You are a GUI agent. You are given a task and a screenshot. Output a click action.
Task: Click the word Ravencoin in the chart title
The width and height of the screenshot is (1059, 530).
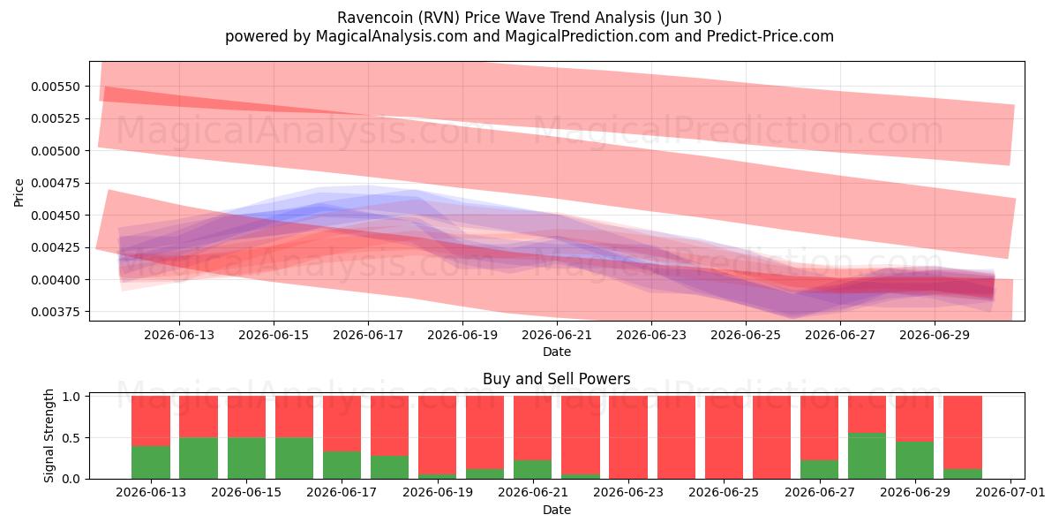pyautogui.click(x=375, y=18)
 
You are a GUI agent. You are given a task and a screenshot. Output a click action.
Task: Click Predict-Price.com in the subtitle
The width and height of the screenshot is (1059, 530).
pyautogui.click(x=770, y=36)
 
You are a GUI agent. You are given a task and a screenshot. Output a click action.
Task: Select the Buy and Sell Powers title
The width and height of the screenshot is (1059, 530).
pyautogui.click(x=557, y=379)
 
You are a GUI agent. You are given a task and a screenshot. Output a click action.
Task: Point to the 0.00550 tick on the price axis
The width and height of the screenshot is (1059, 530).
pyautogui.click(x=55, y=87)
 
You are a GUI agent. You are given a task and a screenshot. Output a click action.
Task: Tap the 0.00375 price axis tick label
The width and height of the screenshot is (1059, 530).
pyautogui.click(x=55, y=312)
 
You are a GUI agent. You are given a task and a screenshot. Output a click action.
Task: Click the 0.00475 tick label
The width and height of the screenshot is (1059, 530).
pyautogui.click(x=55, y=183)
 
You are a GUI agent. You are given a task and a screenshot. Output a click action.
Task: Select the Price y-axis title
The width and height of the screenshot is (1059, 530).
pyautogui.click(x=19, y=193)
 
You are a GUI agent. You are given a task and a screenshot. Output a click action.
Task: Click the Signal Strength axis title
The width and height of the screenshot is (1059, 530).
pyautogui.click(x=49, y=435)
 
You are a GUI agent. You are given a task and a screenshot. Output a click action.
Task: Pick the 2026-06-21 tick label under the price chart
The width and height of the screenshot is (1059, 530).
pyautogui.click(x=557, y=335)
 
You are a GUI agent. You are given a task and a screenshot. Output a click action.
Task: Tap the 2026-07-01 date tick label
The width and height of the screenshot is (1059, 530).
pyautogui.click(x=1010, y=493)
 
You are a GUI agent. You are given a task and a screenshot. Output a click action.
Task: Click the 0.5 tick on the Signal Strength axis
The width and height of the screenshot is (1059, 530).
pyautogui.click(x=71, y=438)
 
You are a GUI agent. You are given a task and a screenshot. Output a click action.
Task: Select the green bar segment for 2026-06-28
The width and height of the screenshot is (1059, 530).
pyautogui.click(x=867, y=456)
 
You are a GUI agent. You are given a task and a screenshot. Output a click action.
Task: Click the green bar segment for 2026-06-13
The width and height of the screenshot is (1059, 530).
pyautogui.click(x=151, y=462)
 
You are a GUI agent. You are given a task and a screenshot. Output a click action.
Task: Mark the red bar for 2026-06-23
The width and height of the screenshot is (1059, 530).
pyautogui.click(x=628, y=437)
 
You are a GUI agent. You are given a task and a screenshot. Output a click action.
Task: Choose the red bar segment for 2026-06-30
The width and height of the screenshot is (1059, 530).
pyautogui.click(x=963, y=433)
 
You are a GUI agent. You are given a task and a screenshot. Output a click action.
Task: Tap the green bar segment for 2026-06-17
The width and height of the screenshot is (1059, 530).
pyautogui.click(x=342, y=466)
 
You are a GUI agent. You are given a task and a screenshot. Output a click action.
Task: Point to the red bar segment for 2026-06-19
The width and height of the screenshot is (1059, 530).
pyautogui.click(x=438, y=435)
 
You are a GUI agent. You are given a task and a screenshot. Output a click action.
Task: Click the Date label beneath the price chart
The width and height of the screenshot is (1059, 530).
pyautogui.click(x=557, y=352)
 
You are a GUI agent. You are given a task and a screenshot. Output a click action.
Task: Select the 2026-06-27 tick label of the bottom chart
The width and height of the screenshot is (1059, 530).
pyautogui.click(x=819, y=493)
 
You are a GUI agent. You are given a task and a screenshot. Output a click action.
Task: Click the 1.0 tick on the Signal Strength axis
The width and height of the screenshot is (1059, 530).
pyautogui.click(x=71, y=396)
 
